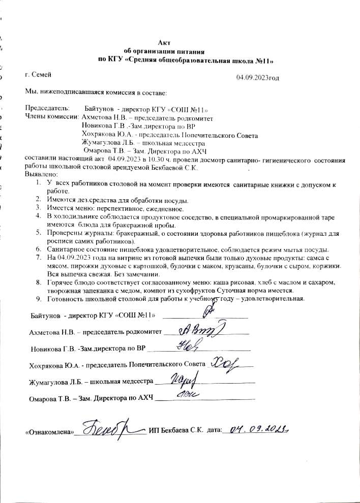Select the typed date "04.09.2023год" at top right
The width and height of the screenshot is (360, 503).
(x=257, y=78)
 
